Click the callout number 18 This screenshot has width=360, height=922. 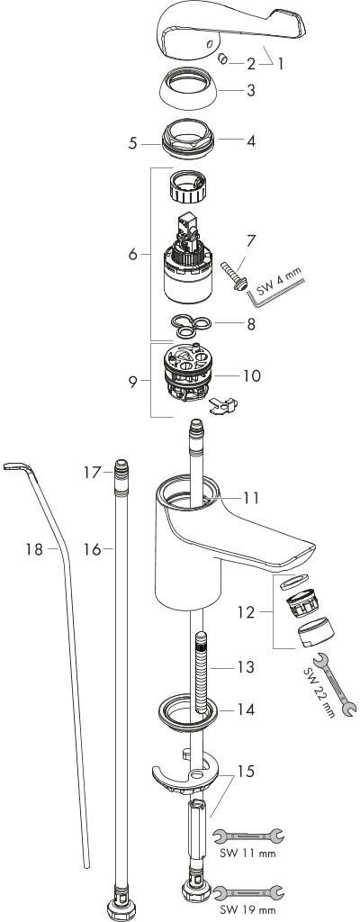click(x=34, y=550)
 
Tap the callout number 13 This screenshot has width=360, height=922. click(x=247, y=667)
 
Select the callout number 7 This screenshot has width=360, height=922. click(x=251, y=240)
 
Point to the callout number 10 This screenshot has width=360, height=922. click(x=252, y=375)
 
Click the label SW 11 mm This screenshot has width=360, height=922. click(x=247, y=854)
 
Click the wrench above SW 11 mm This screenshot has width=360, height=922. click(x=247, y=836)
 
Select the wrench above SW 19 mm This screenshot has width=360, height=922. click(x=247, y=894)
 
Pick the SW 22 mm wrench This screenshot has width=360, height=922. click(x=333, y=684)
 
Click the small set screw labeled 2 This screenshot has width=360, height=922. click(x=223, y=59)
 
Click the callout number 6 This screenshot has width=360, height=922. click(x=133, y=255)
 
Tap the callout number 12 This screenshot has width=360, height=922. click(x=247, y=612)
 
